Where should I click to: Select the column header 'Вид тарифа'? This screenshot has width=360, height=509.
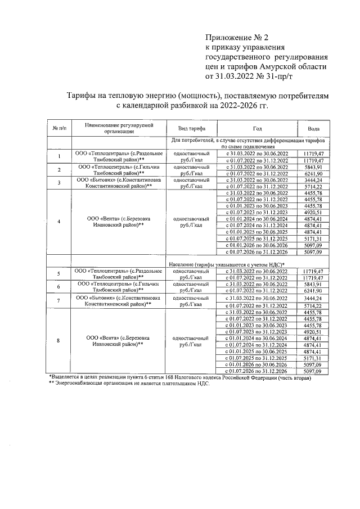pyautogui.click(x=188, y=128)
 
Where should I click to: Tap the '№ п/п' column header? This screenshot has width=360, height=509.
pyautogui.click(x=59, y=128)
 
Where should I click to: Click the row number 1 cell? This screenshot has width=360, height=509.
pyautogui.click(x=59, y=156)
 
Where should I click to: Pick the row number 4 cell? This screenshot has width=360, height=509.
pyautogui.click(x=59, y=220)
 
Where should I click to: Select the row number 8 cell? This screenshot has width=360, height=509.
pyautogui.click(x=59, y=341)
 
